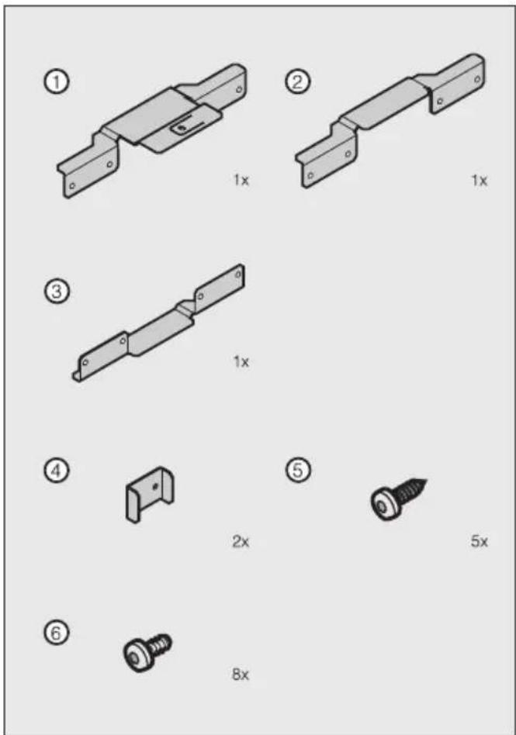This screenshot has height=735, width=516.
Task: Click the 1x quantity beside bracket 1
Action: [x=241, y=181]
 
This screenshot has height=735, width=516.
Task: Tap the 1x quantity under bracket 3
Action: [x=241, y=361]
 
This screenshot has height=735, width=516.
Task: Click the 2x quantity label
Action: [x=241, y=542]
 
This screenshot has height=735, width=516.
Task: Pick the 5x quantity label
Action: [x=479, y=542]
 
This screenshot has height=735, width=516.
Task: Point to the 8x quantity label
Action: [x=241, y=675]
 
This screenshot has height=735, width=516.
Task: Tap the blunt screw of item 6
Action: [x=146, y=650]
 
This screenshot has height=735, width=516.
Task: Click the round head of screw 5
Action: [x=382, y=506]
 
